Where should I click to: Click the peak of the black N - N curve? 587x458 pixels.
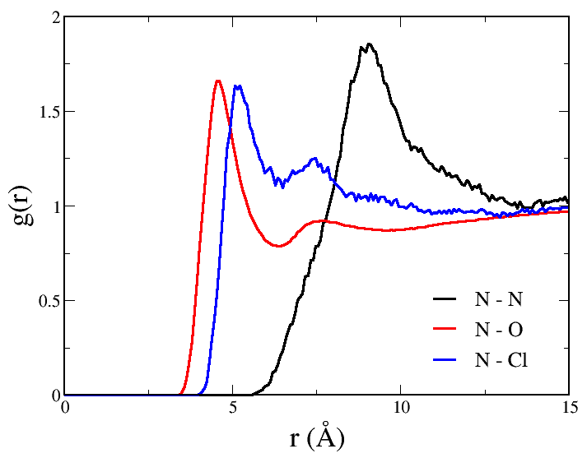pos(370,44)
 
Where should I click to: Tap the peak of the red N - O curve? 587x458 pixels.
pos(218,81)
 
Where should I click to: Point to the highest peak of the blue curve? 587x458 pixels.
pos(236,86)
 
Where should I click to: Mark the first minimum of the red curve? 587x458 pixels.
pos(279,246)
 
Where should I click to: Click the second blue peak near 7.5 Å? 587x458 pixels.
pos(314,159)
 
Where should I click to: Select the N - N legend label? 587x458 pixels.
pos(498,298)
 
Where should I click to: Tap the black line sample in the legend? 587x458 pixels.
pos(445,298)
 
